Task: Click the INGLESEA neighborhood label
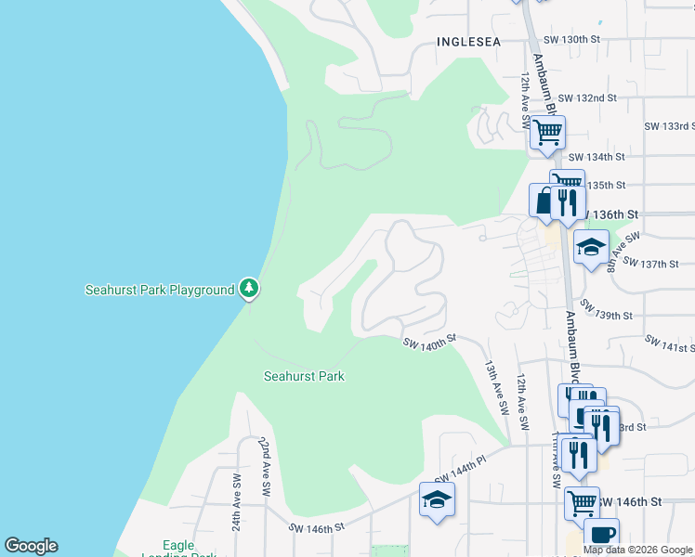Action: pyautogui.click(x=468, y=42)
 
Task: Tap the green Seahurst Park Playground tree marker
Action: pyautogui.click(x=248, y=289)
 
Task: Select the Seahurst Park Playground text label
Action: pyautogui.click(x=160, y=290)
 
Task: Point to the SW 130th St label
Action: pyautogui.click(x=572, y=39)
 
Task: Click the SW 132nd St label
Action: pyautogui.click(x=587, y=97)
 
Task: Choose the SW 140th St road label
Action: pyautogui.click(x=429, y=343)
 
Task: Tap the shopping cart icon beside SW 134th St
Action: pyautogui.click(x=547, y=133)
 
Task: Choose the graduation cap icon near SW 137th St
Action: pyautogui.click(x=591, y=248)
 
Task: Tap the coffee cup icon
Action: pyautogui.click(x=601, y=536)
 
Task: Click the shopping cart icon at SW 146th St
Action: pyautogui.click(x=582, y=504)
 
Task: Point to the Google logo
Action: pyautogui.click(x=31, y=546)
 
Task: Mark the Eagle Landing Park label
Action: pyautogui.click(x=178, y=551)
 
